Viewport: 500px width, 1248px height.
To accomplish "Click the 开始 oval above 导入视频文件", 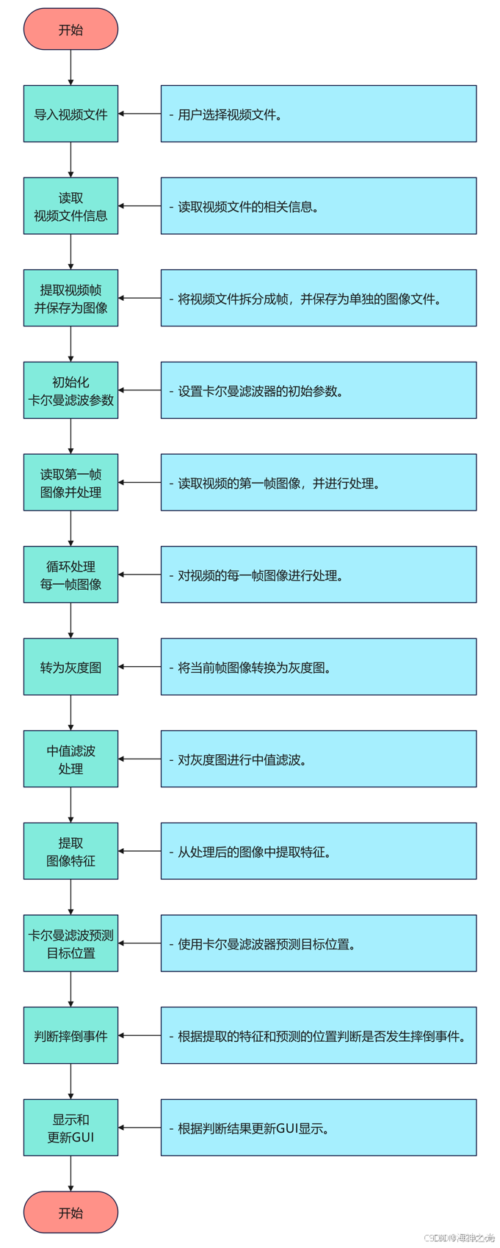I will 70,29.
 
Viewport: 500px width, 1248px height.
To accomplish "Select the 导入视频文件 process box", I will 70,114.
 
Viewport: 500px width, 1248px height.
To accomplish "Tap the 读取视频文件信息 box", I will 70,206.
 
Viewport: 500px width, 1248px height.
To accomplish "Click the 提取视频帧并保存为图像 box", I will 70,298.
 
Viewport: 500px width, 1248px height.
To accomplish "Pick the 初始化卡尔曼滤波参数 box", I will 70,390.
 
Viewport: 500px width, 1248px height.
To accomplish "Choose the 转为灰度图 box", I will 70,667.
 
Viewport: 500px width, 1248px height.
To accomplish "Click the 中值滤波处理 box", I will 70,759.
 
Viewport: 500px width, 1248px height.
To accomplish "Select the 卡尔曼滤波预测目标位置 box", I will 70,944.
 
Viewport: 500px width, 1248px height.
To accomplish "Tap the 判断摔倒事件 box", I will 70,1036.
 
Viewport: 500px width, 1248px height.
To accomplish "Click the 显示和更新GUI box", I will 70,1128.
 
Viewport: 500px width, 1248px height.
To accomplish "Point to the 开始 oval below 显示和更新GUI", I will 70,1212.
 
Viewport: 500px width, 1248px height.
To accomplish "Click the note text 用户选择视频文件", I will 230,114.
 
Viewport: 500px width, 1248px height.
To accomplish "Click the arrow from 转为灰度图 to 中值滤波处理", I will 70,712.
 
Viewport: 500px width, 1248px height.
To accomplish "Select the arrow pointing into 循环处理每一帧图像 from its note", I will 140,574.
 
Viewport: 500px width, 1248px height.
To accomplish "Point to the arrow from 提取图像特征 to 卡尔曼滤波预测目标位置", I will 70,897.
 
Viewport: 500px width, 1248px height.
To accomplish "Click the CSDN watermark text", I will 460,1238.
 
